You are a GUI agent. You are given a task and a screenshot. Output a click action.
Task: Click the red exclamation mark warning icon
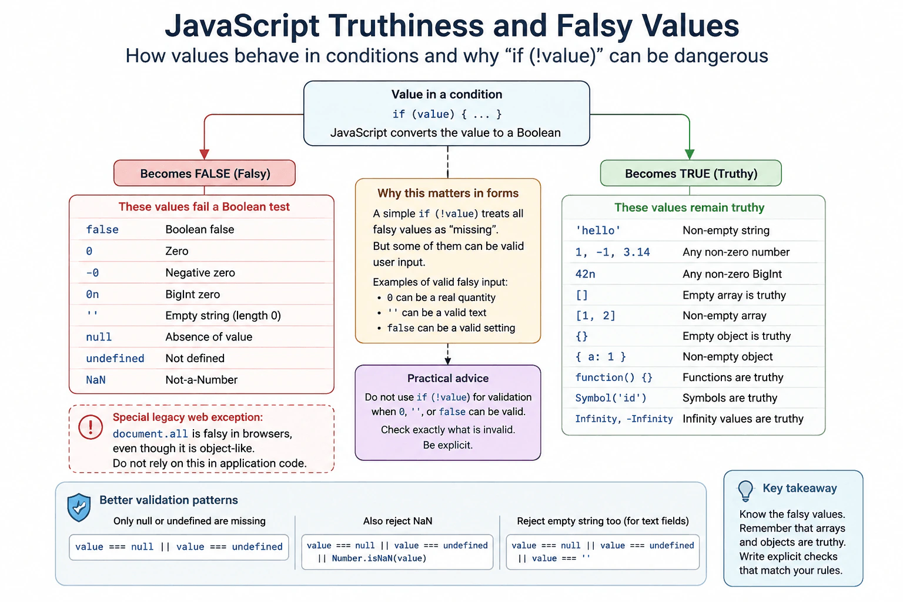coord(91,427)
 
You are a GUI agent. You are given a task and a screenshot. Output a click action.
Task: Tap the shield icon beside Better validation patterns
coord(79,507)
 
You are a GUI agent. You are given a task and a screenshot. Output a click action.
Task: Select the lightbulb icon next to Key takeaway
coord(745,491)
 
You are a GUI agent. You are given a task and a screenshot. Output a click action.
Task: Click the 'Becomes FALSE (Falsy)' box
coord(205,173)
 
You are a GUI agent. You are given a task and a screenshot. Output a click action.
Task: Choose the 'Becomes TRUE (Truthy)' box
coord(691,173)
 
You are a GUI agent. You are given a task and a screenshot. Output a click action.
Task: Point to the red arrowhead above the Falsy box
coord(205,155)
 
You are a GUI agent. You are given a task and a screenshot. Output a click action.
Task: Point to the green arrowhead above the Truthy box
coord(690,155)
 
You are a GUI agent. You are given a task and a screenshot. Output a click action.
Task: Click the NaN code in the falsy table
coord(96,380)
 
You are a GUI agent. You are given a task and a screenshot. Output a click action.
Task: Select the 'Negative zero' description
coord(200,273)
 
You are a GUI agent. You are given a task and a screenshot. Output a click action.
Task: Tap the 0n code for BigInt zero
coord(92,295)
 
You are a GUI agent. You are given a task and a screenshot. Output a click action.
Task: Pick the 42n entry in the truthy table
coord(585,274)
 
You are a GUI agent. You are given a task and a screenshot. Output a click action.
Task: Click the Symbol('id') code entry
coord(611,398)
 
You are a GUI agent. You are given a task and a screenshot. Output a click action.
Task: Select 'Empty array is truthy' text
coord(734,295)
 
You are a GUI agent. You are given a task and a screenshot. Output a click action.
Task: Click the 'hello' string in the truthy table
coord(598,230)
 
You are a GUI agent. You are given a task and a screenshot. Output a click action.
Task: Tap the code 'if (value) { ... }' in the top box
coord(447,114)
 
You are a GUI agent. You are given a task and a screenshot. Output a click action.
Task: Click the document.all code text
coord(150,434)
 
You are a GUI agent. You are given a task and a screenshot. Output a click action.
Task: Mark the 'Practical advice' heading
coord(447,378)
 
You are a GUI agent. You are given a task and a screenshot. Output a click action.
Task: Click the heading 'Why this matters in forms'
coord(448,193)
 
